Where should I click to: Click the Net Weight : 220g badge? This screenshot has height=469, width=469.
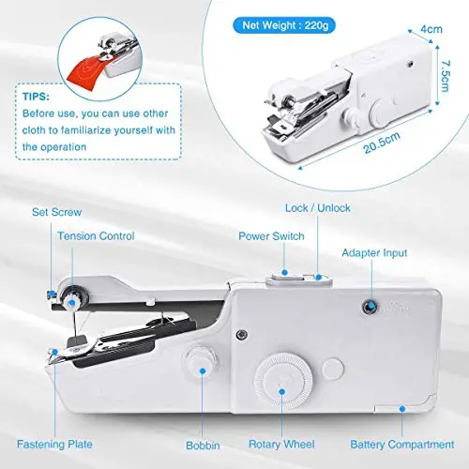pyautogui.click(x=284, y=25)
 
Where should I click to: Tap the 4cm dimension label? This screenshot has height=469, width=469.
pyautogui.click(x=431, y=29)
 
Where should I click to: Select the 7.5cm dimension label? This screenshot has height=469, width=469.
pyautogui.click(x=445, y=76)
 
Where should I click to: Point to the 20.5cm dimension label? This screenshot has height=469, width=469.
pyautogui.click(x=382, y=143)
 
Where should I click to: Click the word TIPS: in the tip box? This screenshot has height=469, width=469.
pyautogui.click(x=36, y=97)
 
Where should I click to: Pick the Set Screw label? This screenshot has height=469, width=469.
pyautogui.click(x=56, y=212)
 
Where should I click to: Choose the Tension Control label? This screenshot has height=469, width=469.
pyautogui.click(x=96, y=235)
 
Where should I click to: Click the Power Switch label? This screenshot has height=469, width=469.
pyautogui.click(x=271, y=236)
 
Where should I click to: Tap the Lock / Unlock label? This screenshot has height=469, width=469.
pyautogui.click(x=318, y=208)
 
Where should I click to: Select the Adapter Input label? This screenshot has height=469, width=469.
pyautogui.click(x=374, y=253)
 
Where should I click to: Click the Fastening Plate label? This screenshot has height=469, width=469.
pyautogui.click(x=54, y=445)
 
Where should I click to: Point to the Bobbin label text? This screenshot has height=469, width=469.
pyautogui.click(x=203, y=446)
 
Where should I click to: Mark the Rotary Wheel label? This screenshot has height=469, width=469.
pyautogui.click(x=281, y=445)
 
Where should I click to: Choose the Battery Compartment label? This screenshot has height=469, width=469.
pyautogui.click(x=402, y=445)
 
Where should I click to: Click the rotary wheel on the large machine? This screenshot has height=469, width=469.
pyautogui.click(x=283, y=380)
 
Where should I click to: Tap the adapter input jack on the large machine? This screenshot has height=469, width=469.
pyautogui.click(x=370, y=307)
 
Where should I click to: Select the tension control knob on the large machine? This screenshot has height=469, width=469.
pyautogui.click(x=74, y=299)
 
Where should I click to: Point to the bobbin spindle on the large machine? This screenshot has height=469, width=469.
pyautogui.click(x=201, y=359)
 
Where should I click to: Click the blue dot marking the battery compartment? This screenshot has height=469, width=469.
pyautogui.click(x=402, y=409)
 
